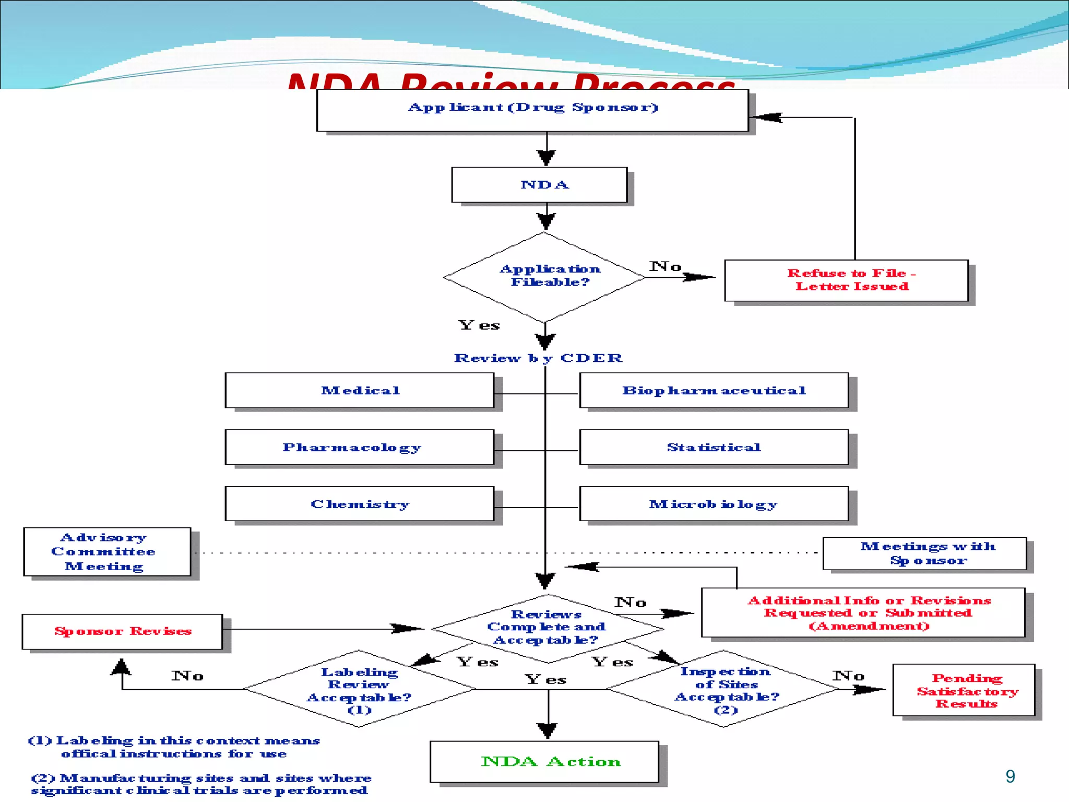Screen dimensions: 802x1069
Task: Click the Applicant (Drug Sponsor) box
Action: tap(532, 110)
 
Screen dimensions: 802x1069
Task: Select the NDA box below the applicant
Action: tap(539, 185)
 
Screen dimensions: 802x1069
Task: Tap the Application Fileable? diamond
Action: tap(545, 277)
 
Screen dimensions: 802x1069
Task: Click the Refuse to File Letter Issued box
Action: tap(846, 280)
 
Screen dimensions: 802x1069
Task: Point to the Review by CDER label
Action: tap(538, 358)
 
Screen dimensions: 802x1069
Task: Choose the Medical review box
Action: tap(359, 391)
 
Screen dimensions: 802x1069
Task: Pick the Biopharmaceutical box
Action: tap(714, 391)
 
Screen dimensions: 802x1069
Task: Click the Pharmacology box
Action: tap(359, 447)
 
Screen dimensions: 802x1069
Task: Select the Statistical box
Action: tap(714, 447)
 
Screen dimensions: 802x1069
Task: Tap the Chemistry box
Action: tap(359, 504)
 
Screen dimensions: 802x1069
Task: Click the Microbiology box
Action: tap(714, 504)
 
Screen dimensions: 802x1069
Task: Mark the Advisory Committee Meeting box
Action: tap(107, 552)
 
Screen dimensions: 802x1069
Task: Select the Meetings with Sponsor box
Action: tap(924, 553)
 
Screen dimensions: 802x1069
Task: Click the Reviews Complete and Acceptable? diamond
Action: tap(547, 628)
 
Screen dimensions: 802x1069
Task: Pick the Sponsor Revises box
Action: tap(122, 632)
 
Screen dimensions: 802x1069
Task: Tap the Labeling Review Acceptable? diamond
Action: tap(359, 689)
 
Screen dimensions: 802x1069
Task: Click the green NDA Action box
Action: tap(544, 762)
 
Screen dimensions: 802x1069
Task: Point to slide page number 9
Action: tap(1010, 776)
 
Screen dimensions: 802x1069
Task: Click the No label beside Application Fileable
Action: tap(665, 267)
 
